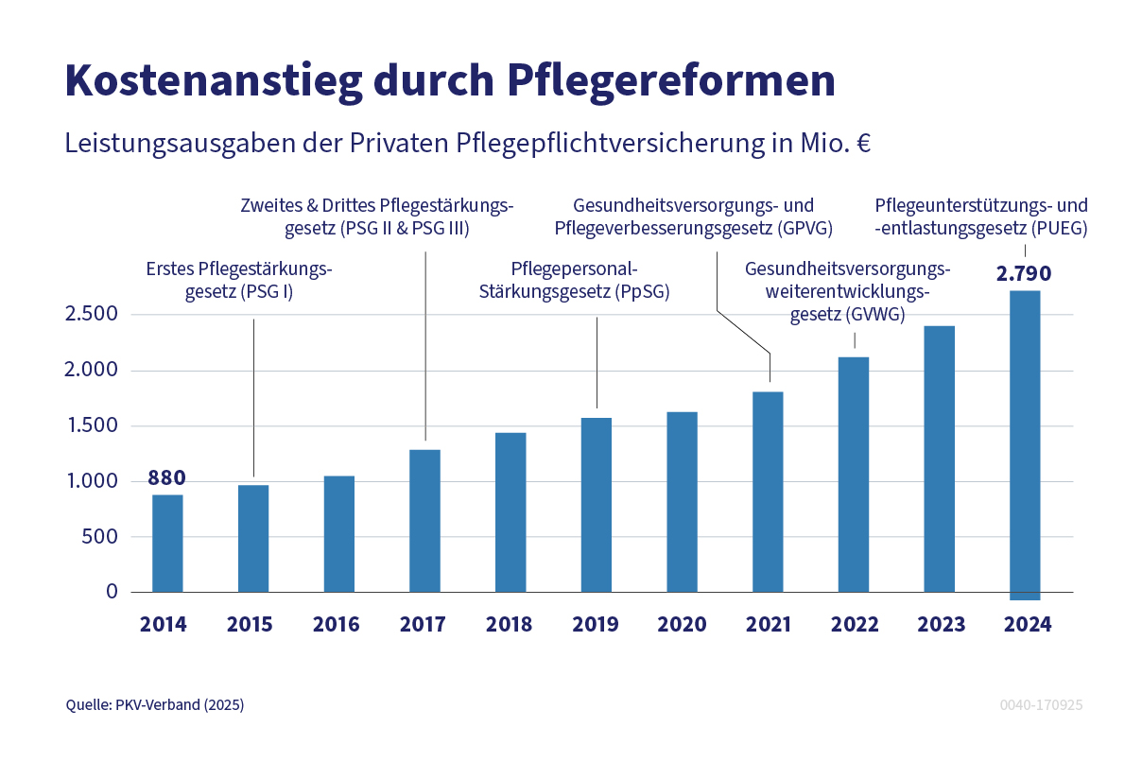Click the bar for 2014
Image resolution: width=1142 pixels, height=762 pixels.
tap(167, 544)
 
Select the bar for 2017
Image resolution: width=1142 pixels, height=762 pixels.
tap(425, 521)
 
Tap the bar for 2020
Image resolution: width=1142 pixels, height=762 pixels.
tap(682, 502)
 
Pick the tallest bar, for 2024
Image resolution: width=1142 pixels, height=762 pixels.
tap(1025, 444)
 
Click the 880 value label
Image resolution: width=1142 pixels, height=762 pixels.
tap(166, 477)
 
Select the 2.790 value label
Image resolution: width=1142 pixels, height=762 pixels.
tap(1024, 275)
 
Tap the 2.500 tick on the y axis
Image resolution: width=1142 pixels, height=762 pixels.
tap(91, 314)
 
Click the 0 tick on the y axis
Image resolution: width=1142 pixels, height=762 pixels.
tap(112, 592)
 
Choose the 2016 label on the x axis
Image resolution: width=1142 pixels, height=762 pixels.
tap(336, 625)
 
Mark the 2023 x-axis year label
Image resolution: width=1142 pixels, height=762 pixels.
tap(941, 625)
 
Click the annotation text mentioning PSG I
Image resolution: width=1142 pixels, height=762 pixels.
tap(239, 281)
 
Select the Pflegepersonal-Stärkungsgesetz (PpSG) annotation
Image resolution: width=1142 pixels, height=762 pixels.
tap(574, 281)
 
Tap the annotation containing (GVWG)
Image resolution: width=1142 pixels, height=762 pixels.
tap(847, 292)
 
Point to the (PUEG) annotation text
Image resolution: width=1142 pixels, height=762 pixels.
tap(981, 216)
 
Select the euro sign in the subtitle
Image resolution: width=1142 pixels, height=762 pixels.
tap(863, 145)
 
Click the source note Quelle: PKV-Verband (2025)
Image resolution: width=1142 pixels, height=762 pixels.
tap(155, 705)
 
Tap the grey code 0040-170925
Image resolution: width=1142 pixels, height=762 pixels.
tap(1041, 705)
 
